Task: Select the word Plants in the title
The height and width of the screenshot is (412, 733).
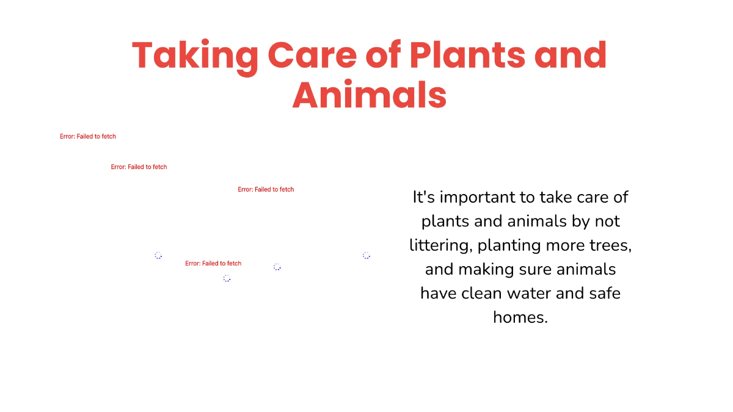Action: pyautogui.click(x=468, y=55)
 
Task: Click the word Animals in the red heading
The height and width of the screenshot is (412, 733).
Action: pyautogui.click(x=369, y=95)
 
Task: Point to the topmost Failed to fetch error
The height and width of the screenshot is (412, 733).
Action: pyautogui.click(x=88, y=137)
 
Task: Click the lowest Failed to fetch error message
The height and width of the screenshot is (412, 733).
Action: pyautogui.click(x=213, y=264)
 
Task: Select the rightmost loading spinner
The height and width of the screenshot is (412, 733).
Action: pyautogui.click(x=366, y=255)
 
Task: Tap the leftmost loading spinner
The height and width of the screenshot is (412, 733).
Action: pyautogui.click(x=158, y=255)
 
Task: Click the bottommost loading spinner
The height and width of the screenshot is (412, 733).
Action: pyautogui.click(x=227, y=278)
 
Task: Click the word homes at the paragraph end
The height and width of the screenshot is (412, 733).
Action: pyautogui.click(x=520, y=317)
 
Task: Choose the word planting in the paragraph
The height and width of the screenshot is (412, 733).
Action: pyautogui.click(x=511, y=245)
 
